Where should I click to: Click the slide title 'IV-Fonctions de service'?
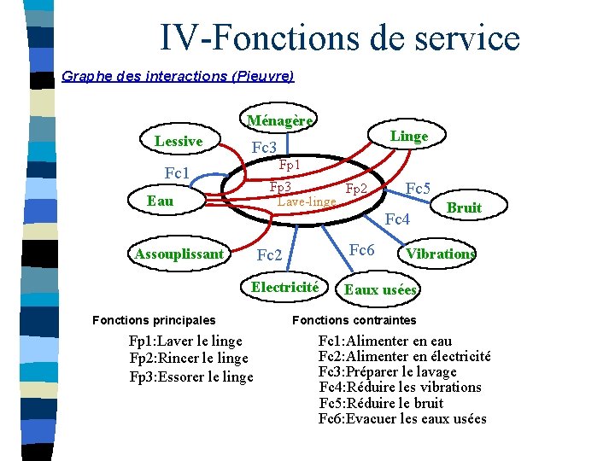click(x=339, y=38)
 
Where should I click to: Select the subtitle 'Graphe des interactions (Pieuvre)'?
click(x=178, y=76)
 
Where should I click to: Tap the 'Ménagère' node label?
click(x=280, y=120)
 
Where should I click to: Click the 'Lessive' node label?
click(x=179, y=141)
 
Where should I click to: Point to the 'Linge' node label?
click(x=409, y=136)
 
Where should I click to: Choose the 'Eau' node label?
click(x=160, y=201)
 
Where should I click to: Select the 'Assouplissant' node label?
click(x=179, y=254)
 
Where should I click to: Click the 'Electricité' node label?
click(x=284, y=287)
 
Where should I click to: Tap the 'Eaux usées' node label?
click(x=380, y=290)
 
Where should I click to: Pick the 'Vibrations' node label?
click(x=441, y=254)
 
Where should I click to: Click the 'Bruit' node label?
click(x=464, y=207)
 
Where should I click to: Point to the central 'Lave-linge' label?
click(x=307, y=201)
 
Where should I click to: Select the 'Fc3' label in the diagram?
click(x=264, y=148)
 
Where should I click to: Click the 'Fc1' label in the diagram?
click(x=176, y=174)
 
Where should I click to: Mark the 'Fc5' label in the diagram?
click(x=418, y=189)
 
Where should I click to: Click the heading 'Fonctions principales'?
click(x=154, y=320)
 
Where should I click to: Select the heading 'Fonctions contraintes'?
click(x=354, y=320)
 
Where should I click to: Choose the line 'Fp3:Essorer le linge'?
click(x=191, y=376)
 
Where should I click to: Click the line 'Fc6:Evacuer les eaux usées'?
click(x=402, y=418)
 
